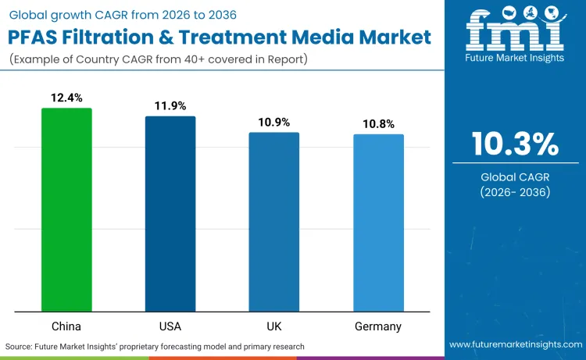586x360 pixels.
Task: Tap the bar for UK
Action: (x=274, y=222)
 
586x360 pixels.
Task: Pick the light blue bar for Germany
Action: (x=379, y=223)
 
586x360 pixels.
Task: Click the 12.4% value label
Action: (x=66, y=98)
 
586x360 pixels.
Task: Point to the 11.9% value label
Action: (x=170, y=106)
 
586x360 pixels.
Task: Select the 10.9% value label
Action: (x=274, y=123)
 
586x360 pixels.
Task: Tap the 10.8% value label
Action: (x=379, y=124)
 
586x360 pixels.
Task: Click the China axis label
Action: (x=66, y=326)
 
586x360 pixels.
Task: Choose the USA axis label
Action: (x=170, y=326)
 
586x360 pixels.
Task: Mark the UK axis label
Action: (x=274, y=326)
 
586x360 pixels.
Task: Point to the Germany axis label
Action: (x=379, y=326)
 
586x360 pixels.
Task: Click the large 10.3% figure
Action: (x=515, y=144)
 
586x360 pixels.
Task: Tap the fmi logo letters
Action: (x=515, y=32)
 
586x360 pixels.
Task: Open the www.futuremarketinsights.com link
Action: (x=515, y=344)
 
